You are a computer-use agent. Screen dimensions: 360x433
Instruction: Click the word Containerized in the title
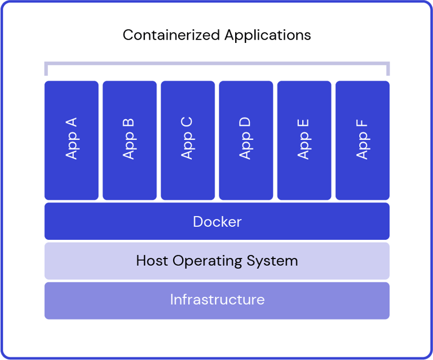coord(171,35)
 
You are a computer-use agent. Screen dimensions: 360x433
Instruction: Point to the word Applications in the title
coord(267,35)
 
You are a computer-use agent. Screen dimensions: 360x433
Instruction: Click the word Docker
coord(217,222)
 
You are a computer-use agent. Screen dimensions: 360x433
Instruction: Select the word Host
coord(152,261)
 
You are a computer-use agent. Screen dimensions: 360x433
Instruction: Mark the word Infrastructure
coord(217,300)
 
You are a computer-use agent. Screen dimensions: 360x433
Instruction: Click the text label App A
coord(72,138)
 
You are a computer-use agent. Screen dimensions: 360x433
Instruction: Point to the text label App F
coord(362,139)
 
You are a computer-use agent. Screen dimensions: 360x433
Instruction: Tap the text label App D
coord(246,138)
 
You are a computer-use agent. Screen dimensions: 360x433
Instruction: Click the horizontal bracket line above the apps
coord(217,63)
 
